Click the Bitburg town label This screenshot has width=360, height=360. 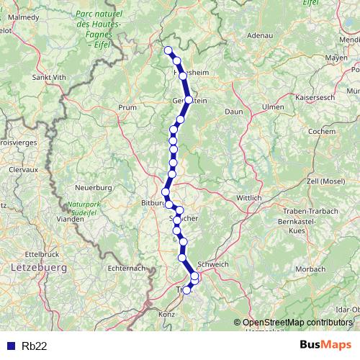pos(153,204)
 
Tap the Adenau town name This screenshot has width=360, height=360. pos(260,35)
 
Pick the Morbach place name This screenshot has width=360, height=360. pos(310,269)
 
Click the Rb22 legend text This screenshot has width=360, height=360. pos(35,346)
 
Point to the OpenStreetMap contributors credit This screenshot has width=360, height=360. pos(297,323)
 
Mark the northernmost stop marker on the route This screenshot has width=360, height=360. pos(168,50)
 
